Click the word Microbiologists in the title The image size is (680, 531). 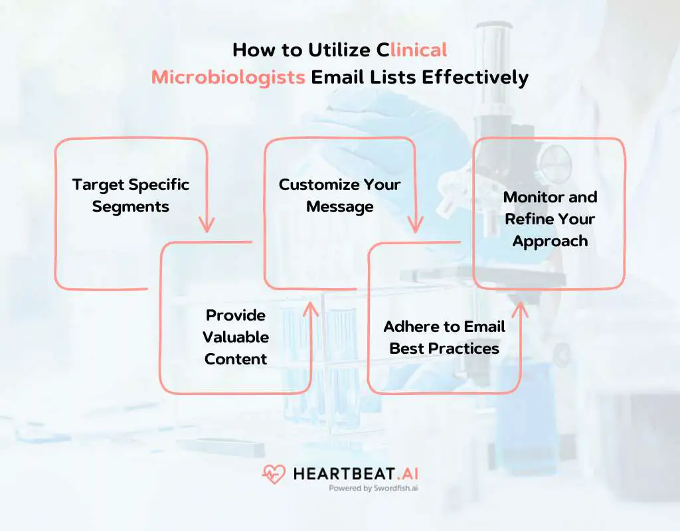coord(228,77)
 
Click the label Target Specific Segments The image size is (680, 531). coord(131,195)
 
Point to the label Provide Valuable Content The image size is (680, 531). coord(236,337)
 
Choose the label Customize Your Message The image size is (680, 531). coord(339,195)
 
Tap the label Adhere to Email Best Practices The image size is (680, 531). coord(444,337)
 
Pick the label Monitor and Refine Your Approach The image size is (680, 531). coord(550,218)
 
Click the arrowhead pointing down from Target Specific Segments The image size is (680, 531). coord(207,224)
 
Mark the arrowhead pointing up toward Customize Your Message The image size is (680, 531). coord(310,308)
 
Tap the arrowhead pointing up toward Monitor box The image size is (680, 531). coord(520,308)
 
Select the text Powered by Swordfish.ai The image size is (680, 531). coord(373,488)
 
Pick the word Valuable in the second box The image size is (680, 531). coord(236,337)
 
